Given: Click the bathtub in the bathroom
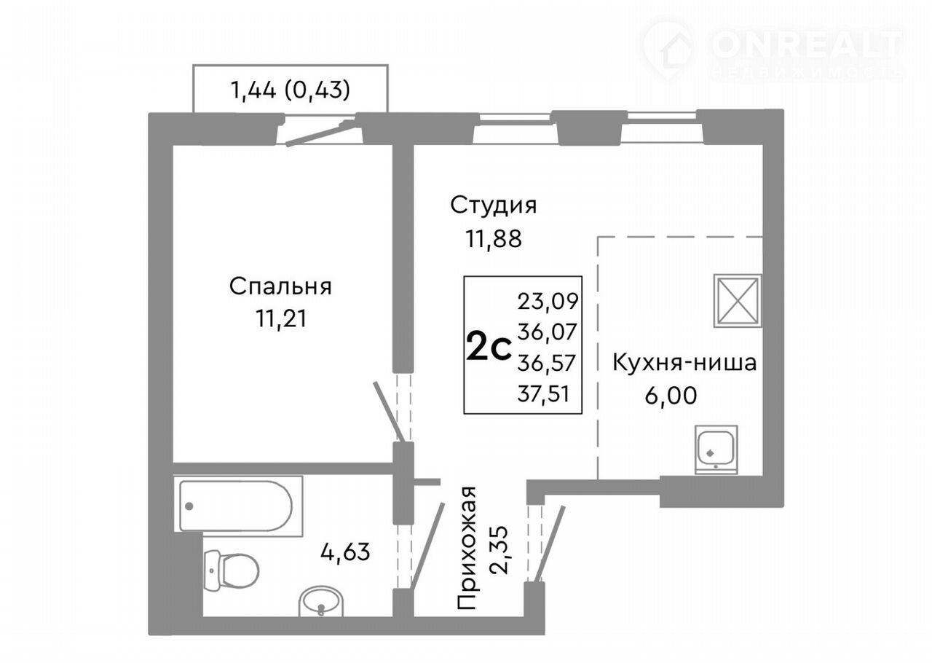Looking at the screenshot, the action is coord(238,506).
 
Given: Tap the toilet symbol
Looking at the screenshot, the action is coord(232,569).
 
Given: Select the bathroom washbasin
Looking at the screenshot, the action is coord(321,601).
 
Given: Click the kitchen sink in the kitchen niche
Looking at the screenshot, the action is coord(716,450).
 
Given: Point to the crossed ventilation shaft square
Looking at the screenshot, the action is coord(738,300).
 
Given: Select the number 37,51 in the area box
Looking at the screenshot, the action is coord(543,393).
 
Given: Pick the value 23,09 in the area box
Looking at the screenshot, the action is coord(548,301).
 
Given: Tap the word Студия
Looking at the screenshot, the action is coord(494,205).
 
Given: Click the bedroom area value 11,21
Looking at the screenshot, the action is coord(281,319).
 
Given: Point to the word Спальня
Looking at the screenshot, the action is coord(280,286).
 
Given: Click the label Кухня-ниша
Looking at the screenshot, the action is coord(684,363).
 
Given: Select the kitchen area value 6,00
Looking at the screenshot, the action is coord(671,396).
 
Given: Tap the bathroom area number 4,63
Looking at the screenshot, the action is coord(345,553).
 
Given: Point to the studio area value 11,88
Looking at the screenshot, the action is coord(494,240).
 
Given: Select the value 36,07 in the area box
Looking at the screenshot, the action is coord(547,332).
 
